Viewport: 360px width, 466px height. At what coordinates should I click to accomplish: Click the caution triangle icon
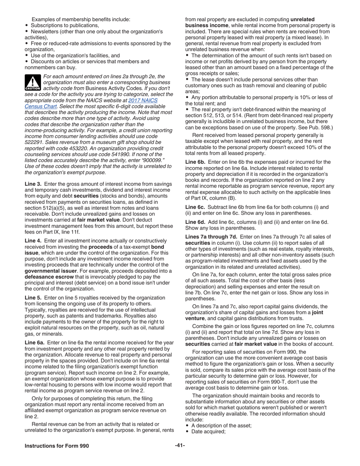[x=33, y=82]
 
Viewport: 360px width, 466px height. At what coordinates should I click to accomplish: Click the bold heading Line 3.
[x=33, y=184]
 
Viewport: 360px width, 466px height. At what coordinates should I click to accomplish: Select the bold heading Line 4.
[x=33, y=241]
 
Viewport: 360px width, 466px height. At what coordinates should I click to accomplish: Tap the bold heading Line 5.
[x=33, y=298]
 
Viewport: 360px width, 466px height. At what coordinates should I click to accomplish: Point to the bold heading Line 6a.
[x=34, y=342]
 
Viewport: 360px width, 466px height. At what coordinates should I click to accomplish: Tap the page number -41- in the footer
[x=180, y=445]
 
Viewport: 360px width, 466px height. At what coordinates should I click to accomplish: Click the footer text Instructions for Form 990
[x=57, y=446]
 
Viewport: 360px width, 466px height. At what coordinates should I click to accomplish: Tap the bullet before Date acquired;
[x=187, y=432]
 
